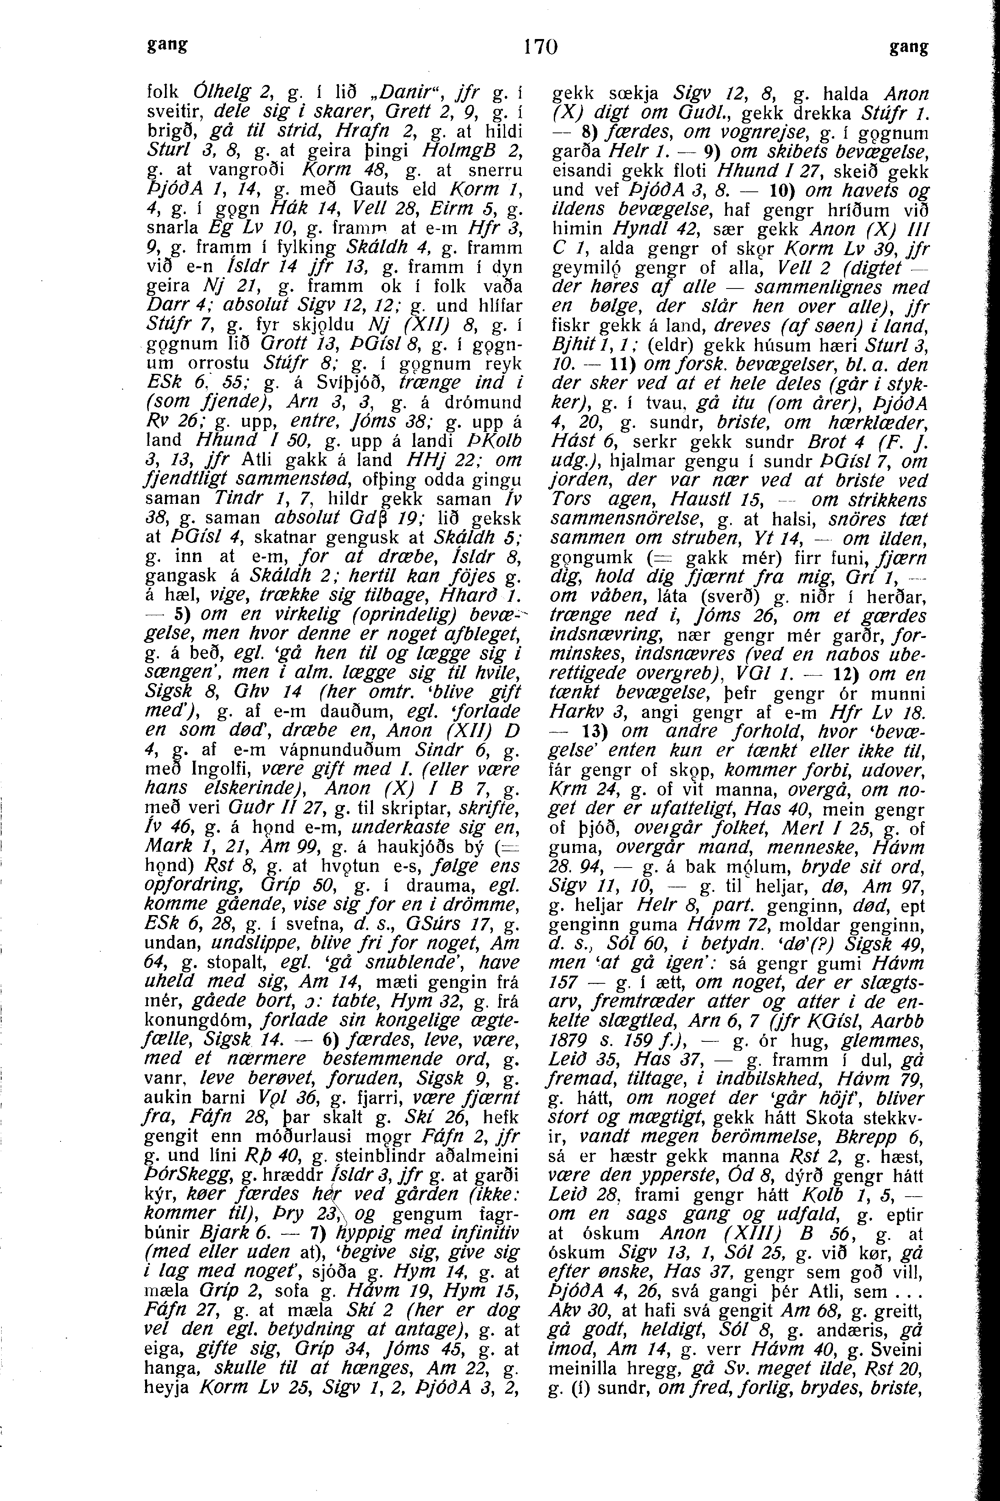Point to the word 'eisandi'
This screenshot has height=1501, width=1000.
[582, 172]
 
